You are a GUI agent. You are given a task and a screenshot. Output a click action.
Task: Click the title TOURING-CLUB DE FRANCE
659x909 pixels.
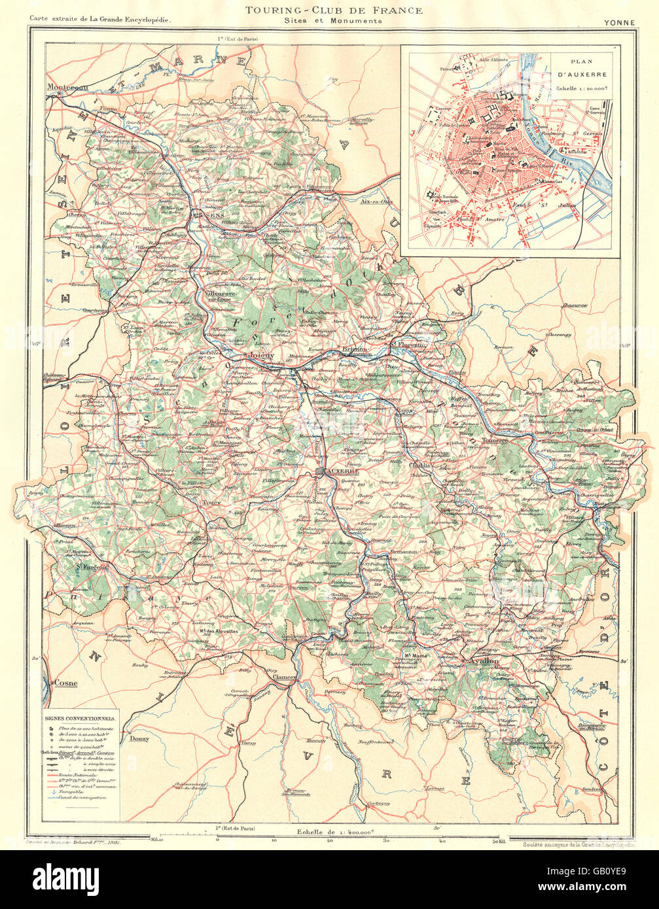tap(333, 10)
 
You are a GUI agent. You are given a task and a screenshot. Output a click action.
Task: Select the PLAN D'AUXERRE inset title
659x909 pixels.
tap(580, 69)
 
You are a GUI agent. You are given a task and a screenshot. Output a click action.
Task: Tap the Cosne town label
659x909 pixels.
tap(65, 683)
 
